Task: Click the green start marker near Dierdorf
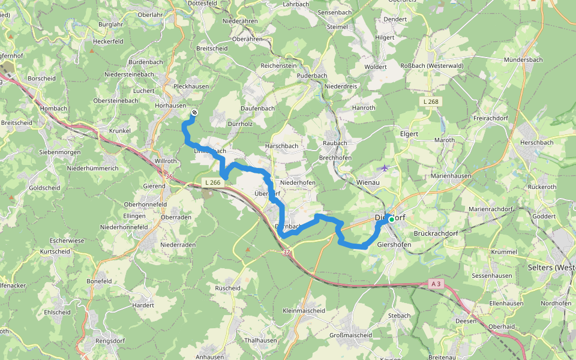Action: [392, 220]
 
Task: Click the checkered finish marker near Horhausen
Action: [194, 112]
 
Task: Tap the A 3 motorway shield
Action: [436, 283]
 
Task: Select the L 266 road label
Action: [213, 182]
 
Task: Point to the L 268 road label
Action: [431, 101]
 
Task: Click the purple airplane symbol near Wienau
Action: [385, 168]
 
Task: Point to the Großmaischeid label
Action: [352, 335]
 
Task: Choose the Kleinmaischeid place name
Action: [304, 311]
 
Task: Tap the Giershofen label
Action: [394, 244]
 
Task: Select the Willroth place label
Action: [165, 161]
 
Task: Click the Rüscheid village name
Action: [227, 288]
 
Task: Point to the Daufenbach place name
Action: [257, 107]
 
